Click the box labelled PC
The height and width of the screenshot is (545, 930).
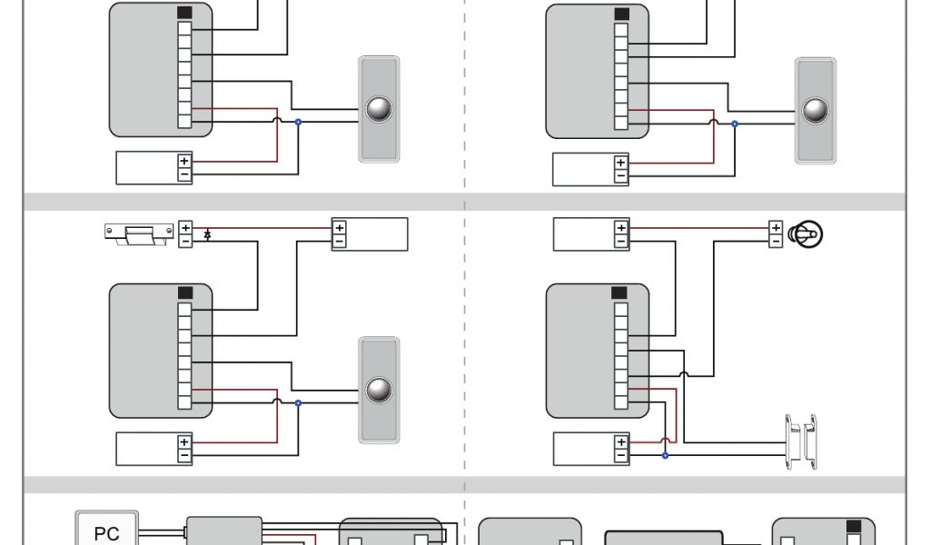click(x=106, y=530)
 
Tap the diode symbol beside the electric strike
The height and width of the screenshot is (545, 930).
click(x=208, y=234)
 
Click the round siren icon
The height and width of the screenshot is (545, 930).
click(x=806, y=234)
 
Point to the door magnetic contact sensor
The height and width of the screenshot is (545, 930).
click(x=801, y=442)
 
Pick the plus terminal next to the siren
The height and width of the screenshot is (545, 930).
click(x=776, y=228)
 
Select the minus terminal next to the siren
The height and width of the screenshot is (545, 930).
click(x=776, y=242)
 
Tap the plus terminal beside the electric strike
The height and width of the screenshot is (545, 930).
click(x=185, y=228)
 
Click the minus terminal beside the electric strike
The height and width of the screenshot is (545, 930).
click(x=185, y=242)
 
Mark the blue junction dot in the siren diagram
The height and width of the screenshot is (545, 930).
click(x=665, y=454)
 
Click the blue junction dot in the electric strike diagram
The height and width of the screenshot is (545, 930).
click(x=298, y=402)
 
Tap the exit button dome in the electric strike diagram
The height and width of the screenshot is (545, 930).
click(x=379, y=390)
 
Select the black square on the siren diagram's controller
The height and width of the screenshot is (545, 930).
click(x=620, y=293)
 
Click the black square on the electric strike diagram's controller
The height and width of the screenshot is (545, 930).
click(x=185, y=293)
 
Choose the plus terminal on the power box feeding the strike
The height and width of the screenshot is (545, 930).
click(x=339, y=228)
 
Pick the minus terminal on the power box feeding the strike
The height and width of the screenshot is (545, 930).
click(x=339, y=242)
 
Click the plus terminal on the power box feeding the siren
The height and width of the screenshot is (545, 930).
click(x=621, y=228)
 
